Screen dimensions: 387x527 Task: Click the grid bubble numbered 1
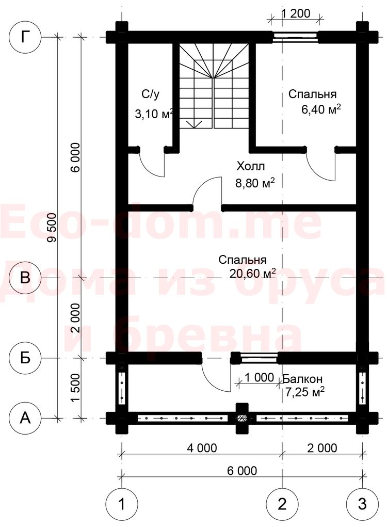click(121, 504)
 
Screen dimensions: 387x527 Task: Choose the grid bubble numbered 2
click(282, 504)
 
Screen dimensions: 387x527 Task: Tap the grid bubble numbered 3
click(362, 504)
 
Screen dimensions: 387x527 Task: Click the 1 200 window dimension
click(295, 13)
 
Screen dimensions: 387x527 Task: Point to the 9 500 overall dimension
click(52, 227)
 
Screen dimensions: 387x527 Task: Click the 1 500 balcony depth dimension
click(75, 388)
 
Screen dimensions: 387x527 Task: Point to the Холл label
click(251, 166)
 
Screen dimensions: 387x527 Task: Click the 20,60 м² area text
click(253, 274)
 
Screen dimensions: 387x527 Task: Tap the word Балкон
click(303, 379)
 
